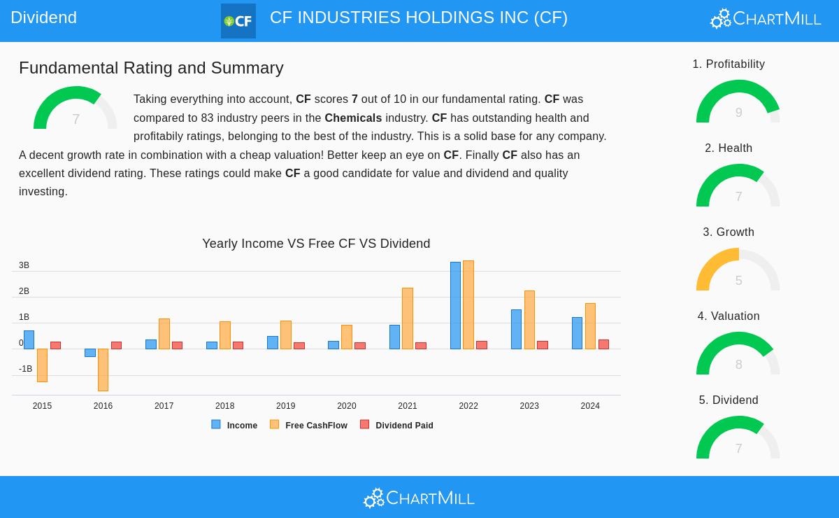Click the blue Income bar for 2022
tap(455, 305)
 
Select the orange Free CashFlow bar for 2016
tap(103, 370)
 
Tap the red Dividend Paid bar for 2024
tap(603, 344)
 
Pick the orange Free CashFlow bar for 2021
tap(408, 318)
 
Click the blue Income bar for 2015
tap(29, 339)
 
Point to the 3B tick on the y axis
tap(24, 265)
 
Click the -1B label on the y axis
tap(25, 369)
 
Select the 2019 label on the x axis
tap(285, 406)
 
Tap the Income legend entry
tap(235, 425)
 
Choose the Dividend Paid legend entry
tap(397, 425)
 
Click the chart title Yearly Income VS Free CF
tap(316, 244)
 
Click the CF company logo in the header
tap(238, 21)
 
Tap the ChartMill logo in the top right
tap(766, 18)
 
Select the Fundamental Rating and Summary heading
tap(151, 68)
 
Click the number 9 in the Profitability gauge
tap(738, 113)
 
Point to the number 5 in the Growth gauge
tap(738, 281)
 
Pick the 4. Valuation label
tap(729, 316)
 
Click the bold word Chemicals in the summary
tap(353, 118)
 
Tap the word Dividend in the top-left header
tap(43, 17)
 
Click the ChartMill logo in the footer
tap(419, 498)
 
